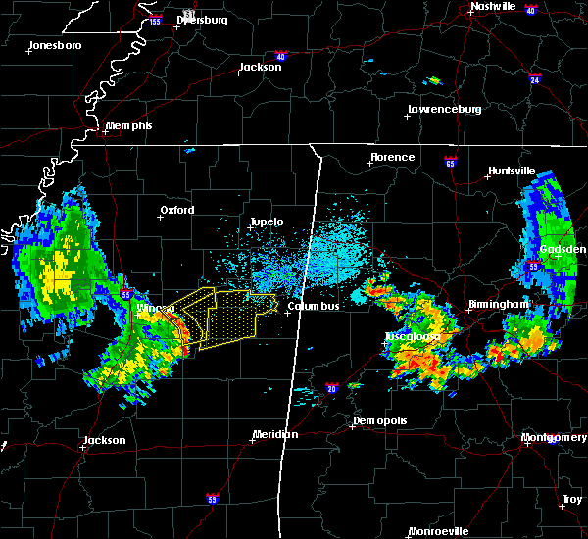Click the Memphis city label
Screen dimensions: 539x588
[x=130, y=126]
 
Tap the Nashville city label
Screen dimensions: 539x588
[x=492, y=6]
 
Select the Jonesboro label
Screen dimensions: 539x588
[x=54, y=46]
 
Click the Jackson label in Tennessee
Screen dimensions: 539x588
[x=261, y=68]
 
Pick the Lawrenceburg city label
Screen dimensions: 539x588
[x=444, y=109]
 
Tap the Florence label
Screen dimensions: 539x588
[x=392, y=157]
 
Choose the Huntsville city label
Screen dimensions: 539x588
[x=512, y=171]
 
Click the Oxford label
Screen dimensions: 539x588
[x=177, y=210]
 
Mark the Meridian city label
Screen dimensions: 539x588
[x=275, y=434]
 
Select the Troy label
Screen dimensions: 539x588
[x=571, y=500]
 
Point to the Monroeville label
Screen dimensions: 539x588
[x=438, y=531]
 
